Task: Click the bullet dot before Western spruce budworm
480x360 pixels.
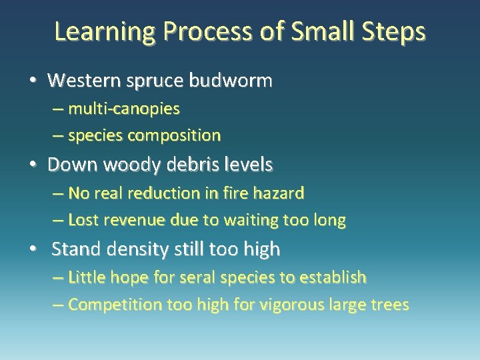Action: (x=33, y=81)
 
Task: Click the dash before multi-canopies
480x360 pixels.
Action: (x=58, y=108)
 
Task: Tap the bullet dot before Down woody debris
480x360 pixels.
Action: (x=33, y=164)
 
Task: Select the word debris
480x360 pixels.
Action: (x=197, y=164)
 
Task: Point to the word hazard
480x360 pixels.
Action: (x=280, y=194)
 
